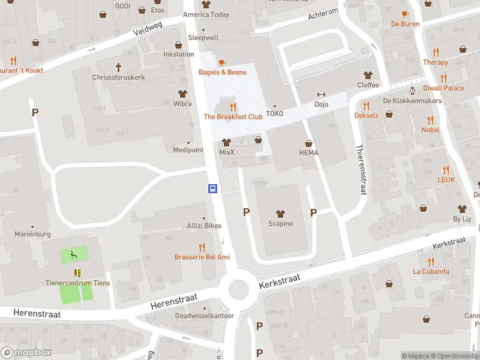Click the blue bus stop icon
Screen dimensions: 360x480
click(x=212, y=188)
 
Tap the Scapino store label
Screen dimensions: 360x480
click(x=280, y=224)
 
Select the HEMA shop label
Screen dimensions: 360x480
click(x=308, y=153)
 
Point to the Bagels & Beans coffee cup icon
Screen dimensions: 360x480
click(x=222, y=62)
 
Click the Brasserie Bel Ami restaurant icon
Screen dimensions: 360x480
click(x=202, y=247)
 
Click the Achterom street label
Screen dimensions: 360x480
click(x=323, y=14)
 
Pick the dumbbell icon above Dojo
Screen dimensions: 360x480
click(x=321, y=94)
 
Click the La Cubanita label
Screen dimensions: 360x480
click(x=431, y=271)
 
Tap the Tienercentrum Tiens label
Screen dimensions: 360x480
click(x=78, y=283)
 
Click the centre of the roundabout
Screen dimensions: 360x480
click(x=239, y=290)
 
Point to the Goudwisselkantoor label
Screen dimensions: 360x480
click(x=204, y=316)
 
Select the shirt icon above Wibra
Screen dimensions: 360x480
click(x=182, y=94)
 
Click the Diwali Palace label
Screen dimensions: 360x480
click(x=443, y=88)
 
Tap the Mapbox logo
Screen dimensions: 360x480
click(x=26, y=353)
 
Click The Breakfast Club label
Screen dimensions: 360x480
click(x=233, y=117)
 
